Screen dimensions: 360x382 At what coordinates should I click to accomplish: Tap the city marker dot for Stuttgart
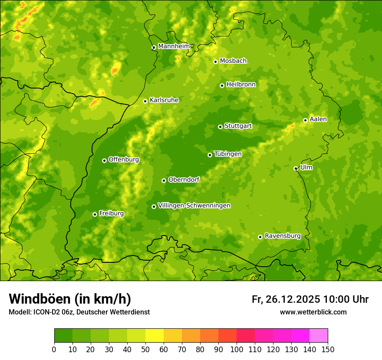click(x=220, y=127)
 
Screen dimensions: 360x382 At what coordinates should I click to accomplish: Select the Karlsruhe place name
click(x=164, y=100)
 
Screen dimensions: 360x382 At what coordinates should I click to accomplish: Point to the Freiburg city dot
click(x=95, y=214)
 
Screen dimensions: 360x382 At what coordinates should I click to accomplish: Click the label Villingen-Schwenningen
click(x=194, y=206)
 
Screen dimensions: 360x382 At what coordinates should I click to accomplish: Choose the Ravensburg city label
click(x=283, y=236)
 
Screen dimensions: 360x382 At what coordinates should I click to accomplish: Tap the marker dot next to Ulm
click(x=296, y=168)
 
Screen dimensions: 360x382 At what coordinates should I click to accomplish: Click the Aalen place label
click(x=318, y=119)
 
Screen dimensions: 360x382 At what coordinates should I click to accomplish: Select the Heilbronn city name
click(x=241, y=84)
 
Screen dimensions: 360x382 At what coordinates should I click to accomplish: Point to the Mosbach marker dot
click(x=215, y=62)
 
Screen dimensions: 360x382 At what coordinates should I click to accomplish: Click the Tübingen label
click(x=228, y=154)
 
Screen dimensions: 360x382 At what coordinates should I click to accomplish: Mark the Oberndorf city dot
click(x=164, y=180)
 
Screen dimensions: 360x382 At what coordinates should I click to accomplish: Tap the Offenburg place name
click(x=124, y=160)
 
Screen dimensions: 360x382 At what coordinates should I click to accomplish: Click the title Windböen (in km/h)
click(x=70, y=299)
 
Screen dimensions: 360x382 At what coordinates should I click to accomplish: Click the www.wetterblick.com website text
click(x=313, y=312)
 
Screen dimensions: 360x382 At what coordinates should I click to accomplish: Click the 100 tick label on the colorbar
click(x=236, y=350)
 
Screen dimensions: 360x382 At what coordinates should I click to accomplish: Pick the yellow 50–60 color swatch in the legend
click(x=155, y=335)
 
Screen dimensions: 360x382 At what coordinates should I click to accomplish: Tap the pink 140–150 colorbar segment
click(x=319, y=335)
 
